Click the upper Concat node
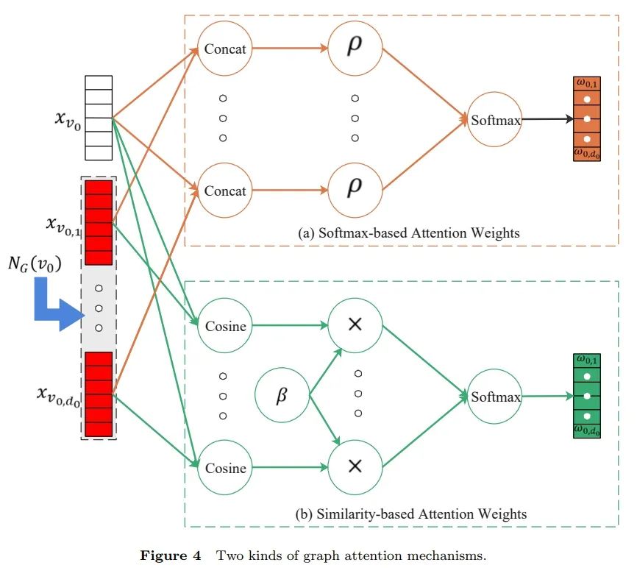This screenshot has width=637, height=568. (225, 49)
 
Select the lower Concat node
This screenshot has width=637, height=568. (225, 191)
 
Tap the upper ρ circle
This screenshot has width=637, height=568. (355, 49)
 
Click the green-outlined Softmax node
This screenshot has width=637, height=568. (496, 397)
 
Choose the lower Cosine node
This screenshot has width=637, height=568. (225, 467)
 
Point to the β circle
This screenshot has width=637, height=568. (282, 397)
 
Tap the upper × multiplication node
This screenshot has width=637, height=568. (355, 325)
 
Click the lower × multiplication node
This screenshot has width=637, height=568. (355, 466)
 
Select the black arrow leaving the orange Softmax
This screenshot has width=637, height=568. (547, 119)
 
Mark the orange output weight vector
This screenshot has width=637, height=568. (586, 119)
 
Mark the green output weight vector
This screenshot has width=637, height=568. (586, 396)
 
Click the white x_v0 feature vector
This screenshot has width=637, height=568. (99, 118)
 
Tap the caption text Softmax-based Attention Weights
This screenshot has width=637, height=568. (409, 232)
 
